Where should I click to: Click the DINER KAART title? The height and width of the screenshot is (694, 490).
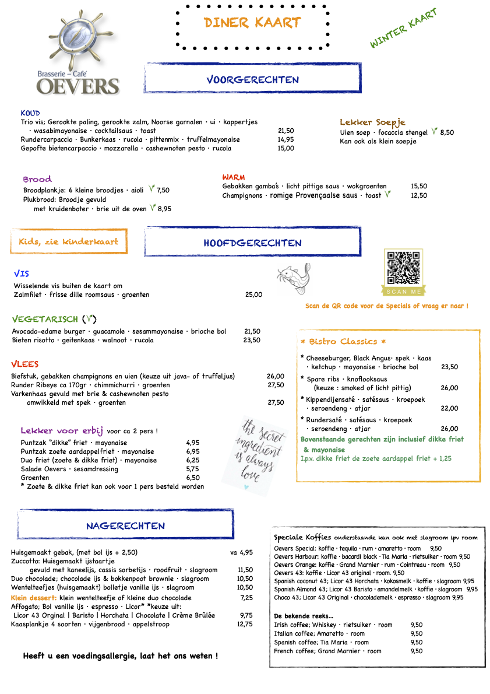click(252, 23)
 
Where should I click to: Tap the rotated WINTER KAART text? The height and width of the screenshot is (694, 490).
click(403, 28)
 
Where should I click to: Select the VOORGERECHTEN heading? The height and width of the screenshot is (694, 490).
click(252, 79)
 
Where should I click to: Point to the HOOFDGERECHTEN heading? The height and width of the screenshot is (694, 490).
click(252, 243)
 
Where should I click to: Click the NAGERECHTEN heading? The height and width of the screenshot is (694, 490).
click(125, 525)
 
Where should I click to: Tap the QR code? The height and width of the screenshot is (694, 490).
click(403, 268)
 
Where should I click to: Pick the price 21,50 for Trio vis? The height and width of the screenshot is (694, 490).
click(285, 131)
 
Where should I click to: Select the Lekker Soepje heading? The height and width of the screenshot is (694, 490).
click(372, 122)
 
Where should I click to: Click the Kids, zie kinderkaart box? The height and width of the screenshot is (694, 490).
click(68, 241)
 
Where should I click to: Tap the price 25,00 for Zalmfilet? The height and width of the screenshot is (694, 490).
click(253, 295)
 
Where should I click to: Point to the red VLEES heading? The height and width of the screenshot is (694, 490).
click(25, 364)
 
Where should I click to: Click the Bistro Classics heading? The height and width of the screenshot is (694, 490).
click(343, 341)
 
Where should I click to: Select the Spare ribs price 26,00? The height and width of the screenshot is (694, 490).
click(449, 388)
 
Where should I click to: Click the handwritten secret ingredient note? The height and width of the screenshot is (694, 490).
click(255, 451)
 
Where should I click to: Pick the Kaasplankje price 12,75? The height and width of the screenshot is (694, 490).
click(245, 624)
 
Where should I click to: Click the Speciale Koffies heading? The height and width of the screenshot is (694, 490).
click(302, 537)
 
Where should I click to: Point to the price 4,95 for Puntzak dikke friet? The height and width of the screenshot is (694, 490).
click(193, 443)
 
